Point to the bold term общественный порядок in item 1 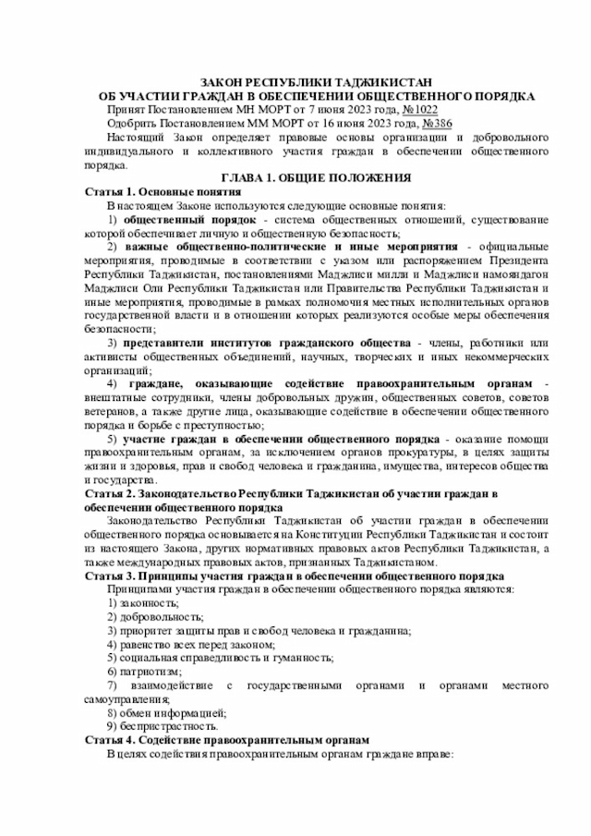coord(189,220)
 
